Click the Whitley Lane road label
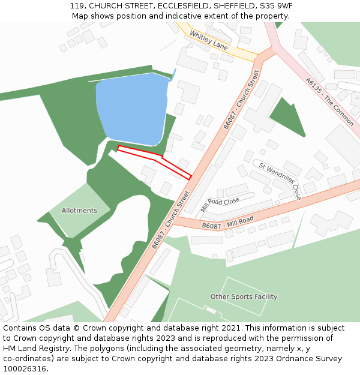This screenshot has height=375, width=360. coord(208,40)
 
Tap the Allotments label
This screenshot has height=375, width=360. coord(79,211)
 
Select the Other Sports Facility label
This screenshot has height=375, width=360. coord(244,296)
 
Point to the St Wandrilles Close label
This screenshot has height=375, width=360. coord(280,180)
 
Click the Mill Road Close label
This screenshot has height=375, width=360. coord(220,204)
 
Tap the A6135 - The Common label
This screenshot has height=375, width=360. coord(329,101)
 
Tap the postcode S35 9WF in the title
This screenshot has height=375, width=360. coord(273,6)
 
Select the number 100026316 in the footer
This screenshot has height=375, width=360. coord(24,369)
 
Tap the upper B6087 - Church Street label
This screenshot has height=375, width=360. coord(241,100)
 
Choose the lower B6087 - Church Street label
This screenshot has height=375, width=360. coord(170,220)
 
